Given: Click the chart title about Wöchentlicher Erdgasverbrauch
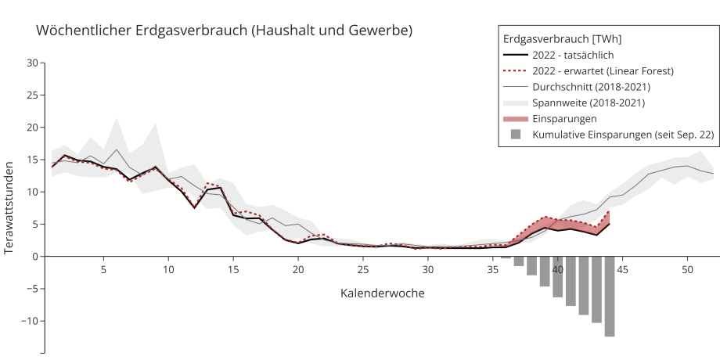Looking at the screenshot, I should pyautogui.click(x=224, y=31).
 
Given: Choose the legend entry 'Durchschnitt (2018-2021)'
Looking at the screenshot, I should pyautogui.click(x=591, y=87).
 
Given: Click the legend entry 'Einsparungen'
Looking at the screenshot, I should pyautogui.click(x=564, y=119).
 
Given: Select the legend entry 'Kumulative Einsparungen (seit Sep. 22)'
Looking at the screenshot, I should pyautogui.click(x=623, y=135).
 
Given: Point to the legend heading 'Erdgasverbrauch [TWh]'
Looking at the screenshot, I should pyautogui.click(x=562, y=38).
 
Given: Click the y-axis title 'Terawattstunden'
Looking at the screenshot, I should pyautogui.click(x=9, y=208).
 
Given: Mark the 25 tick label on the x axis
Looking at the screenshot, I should pyautogui.click(x=363, y=270).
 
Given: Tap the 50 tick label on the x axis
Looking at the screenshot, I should pyautogui.click(x=687, y=270).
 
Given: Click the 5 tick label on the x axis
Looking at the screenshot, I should pyautogui.click(x=103, y=270).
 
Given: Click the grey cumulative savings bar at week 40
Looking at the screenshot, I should pyautogui.click(x=557, y=277).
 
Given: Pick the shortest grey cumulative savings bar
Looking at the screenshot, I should pyautogui.click(x=506, y=257).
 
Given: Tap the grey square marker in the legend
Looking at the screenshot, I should pyautogui.click(x=515, y=135).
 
